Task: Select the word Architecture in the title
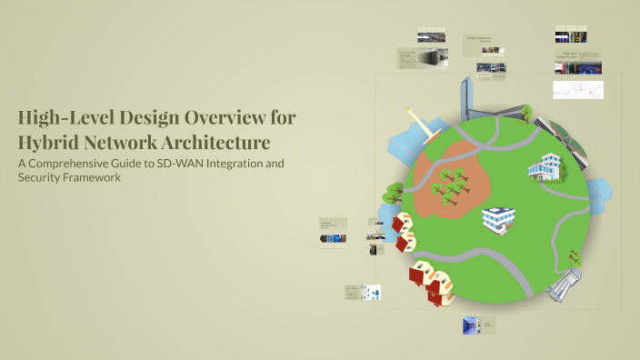coord(215,143)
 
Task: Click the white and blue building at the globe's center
coord(498,218)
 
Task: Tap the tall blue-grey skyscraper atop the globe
coord(466,95)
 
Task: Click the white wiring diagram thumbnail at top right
coord(578,90)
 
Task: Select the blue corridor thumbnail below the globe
coord(469,325)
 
